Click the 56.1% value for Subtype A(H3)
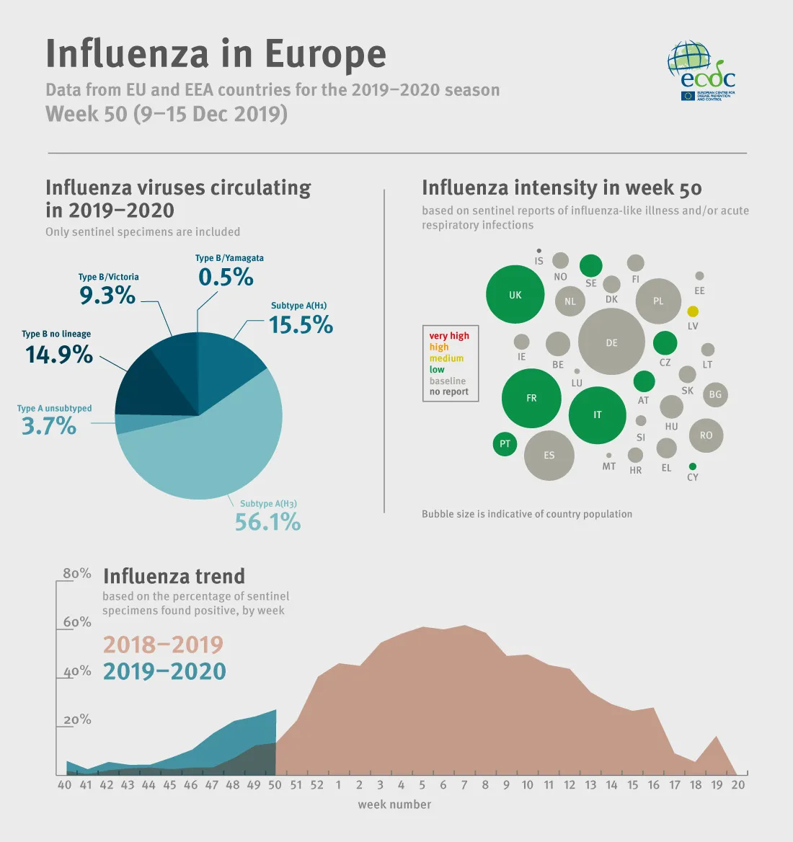click(x=267, y=522)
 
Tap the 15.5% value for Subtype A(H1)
click(x=301, y=325)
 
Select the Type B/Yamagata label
click(x=229, y=258)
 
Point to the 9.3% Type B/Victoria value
click(x=107, y=295)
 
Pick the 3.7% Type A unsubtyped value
click(x=49, y=426)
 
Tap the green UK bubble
click(x=515, y=295)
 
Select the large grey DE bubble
click(x=611, y=342)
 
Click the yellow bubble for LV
click(x=693, y=311)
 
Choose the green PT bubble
click(x=505, y=443)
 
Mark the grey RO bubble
click(x=706, y=435)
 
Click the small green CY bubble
click(x=693, y=466)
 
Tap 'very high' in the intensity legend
click(x=449, y=336)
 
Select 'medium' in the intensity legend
click(x=446, y=358)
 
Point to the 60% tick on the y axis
click(x=77, y=622)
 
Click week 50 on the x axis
click(x=275, y=785)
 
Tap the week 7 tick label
click(x=464, y=785)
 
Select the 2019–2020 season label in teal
click(x=164, y=671)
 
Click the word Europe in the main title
click(x=325, y=54)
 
